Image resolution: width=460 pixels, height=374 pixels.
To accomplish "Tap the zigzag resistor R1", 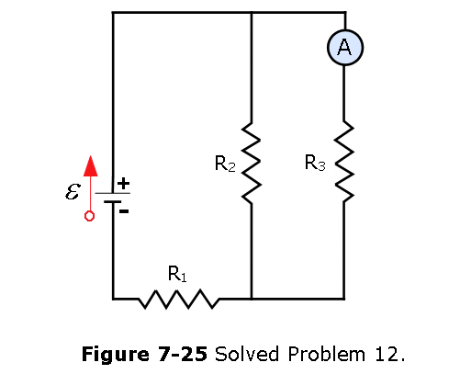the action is [179, 299].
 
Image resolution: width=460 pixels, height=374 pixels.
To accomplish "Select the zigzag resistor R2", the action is [252, 163].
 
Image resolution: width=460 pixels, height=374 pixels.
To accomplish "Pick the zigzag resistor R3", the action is [344, 162].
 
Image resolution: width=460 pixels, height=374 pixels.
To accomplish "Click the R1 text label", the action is [177, 274].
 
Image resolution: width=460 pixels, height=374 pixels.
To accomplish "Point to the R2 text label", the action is [225, 164].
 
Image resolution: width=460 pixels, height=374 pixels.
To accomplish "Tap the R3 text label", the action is [315, 163].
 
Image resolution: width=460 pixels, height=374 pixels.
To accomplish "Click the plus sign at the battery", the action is [123, 184].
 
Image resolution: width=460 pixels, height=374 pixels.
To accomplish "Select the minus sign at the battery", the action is [124, 211].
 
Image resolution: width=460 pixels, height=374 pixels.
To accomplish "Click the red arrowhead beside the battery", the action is [91, 166].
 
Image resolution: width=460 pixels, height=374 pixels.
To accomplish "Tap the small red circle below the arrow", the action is [89, 216].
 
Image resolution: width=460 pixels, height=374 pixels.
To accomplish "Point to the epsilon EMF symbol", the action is [73, 191].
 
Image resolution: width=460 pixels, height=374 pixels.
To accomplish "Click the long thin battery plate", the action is [113, 193].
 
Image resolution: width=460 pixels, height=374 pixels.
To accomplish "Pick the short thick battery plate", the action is [112, 202].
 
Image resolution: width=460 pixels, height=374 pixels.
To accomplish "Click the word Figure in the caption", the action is [116, 355].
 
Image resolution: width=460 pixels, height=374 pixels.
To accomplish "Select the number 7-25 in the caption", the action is [183, 354].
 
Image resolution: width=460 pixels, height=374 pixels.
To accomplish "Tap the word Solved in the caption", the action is [247, 354].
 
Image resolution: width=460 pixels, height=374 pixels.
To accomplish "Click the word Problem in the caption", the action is [327, 354].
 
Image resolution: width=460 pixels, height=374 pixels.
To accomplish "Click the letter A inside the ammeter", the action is [344, 47].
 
